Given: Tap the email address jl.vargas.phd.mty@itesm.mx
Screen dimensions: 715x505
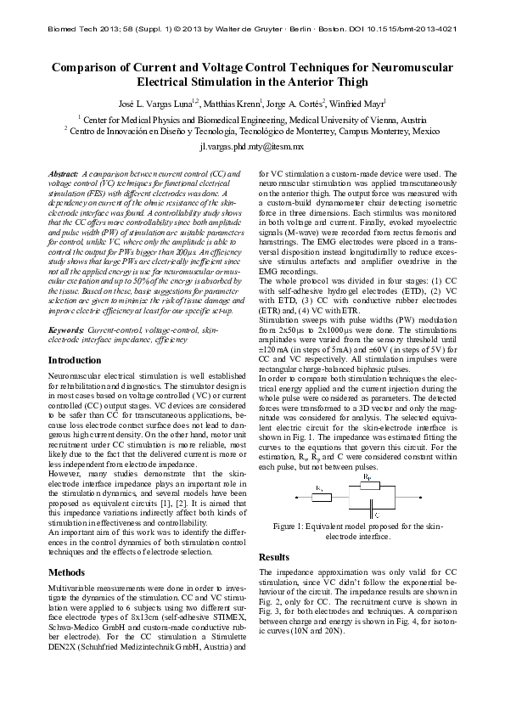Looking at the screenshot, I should tap(252, 147).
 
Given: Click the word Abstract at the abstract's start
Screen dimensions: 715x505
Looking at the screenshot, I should tap(65, 173).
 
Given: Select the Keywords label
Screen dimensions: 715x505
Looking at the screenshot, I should tap(66, 328).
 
